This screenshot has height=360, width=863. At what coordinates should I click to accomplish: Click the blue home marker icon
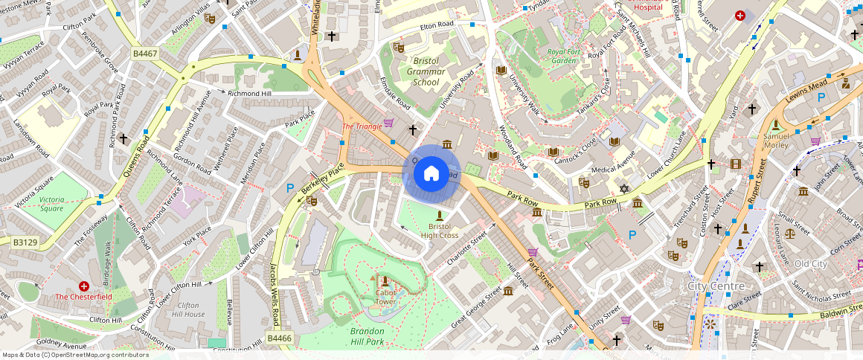point(431,173)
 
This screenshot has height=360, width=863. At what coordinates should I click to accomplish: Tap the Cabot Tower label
point(385,298)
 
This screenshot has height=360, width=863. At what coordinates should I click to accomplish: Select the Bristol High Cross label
point(439,231)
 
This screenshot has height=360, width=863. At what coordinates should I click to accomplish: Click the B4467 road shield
point(146,54)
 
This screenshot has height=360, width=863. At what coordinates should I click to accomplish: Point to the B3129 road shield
point(25,242)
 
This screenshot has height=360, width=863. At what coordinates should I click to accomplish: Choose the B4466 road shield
point(280,338)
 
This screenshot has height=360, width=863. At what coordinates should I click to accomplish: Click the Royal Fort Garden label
point(562,56)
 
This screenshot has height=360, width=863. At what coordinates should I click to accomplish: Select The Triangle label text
point(362,126)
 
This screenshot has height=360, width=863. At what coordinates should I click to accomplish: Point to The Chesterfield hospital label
point(84,297)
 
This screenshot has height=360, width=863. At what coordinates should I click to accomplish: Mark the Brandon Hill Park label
point(367,336)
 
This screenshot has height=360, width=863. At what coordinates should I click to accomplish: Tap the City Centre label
point(716,286)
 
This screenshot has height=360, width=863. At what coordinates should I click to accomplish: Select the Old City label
point(810,264)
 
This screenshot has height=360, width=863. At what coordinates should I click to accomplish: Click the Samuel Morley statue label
point(776,141)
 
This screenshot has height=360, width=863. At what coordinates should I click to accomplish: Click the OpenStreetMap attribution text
point(76,355)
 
